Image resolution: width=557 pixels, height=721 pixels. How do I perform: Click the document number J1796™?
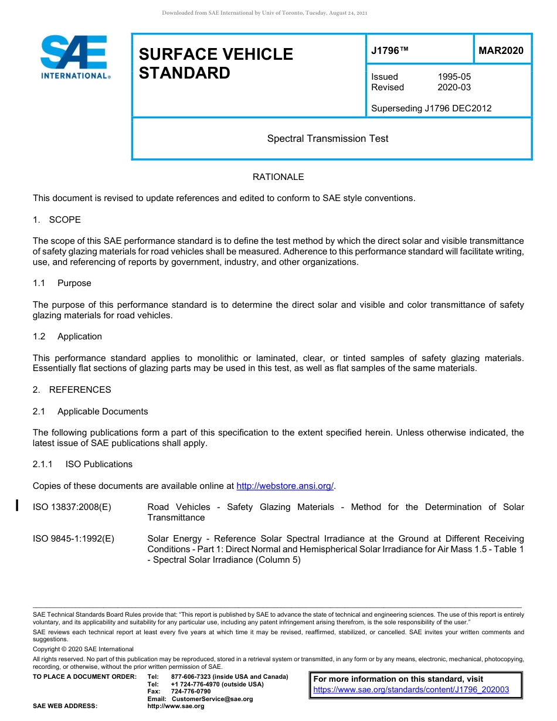[389, 51]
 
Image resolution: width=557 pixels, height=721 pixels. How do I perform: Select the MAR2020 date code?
[501, 51]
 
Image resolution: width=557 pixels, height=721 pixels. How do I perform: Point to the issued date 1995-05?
[454, 77]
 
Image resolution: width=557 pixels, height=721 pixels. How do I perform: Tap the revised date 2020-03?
[454, 87]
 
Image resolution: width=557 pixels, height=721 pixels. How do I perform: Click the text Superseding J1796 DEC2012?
[431, 108]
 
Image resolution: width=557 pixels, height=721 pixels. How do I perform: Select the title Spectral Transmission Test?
[328, 138]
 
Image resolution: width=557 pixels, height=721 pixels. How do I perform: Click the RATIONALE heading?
[278, 177]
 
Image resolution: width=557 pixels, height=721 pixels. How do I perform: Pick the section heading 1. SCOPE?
[57, 220]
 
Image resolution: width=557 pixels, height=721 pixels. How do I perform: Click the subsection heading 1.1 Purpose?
[62, 283]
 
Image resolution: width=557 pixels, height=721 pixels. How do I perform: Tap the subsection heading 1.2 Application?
[67, 336]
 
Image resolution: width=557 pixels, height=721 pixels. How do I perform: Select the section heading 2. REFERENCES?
[72, 390]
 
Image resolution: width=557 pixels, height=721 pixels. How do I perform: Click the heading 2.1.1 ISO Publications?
[83, 464]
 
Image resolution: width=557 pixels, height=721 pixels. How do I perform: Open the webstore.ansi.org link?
[285, 486]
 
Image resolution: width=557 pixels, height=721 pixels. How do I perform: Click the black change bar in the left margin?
[18, 505]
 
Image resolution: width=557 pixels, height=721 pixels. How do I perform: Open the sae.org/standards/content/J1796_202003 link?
[411, 690]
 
